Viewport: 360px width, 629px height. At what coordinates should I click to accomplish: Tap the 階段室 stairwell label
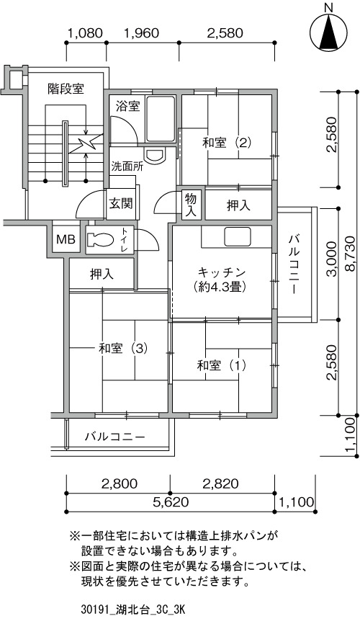point(66,89)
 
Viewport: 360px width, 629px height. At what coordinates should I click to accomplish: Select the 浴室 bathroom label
point(127,107)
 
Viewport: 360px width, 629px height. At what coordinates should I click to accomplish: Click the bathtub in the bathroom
point(161,119)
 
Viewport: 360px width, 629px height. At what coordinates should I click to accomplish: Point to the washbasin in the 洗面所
point(155,155)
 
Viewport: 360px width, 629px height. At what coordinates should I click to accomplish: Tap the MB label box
point(66,240)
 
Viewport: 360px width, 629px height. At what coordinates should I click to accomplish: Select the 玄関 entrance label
point(121,204)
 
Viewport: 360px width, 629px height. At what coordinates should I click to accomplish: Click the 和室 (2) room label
point(227,143)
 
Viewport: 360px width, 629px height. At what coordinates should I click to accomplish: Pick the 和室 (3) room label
point(123,348)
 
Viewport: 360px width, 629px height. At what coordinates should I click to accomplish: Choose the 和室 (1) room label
point(221,365)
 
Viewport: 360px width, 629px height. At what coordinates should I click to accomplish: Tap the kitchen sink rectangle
point(238,236)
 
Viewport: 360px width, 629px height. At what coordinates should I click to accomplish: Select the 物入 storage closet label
point(191,205)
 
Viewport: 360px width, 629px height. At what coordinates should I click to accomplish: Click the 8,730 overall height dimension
point(350,253)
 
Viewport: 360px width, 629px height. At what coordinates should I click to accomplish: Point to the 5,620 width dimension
point(171,502)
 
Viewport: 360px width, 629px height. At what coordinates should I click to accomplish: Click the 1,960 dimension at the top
point(142,33)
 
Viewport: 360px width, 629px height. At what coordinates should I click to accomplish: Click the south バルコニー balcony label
point(114,437)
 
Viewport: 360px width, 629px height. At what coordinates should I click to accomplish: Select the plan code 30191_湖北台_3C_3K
point(132,610)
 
